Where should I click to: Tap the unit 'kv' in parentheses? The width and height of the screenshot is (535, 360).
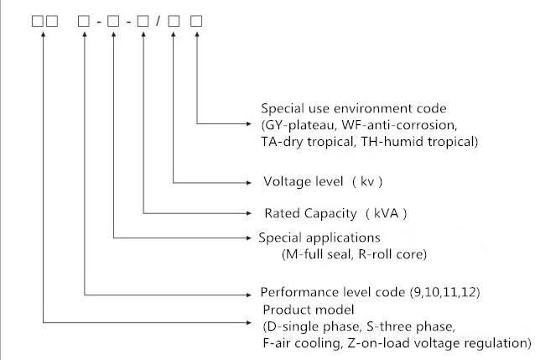367,182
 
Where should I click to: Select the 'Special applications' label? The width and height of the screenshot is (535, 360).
319,237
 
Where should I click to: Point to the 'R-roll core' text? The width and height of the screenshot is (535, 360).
395,253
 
